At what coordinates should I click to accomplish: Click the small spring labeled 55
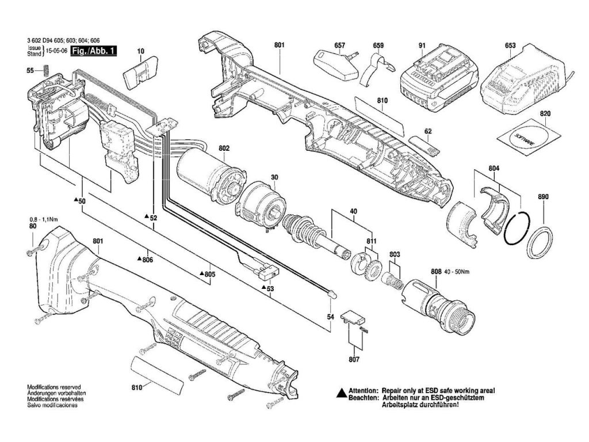point(45,70)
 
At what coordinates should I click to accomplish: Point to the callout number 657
point(339,45)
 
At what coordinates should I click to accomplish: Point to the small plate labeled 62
point(424,143)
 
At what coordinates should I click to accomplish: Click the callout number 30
point(275,177)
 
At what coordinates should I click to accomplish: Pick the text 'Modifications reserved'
point(54,387)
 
